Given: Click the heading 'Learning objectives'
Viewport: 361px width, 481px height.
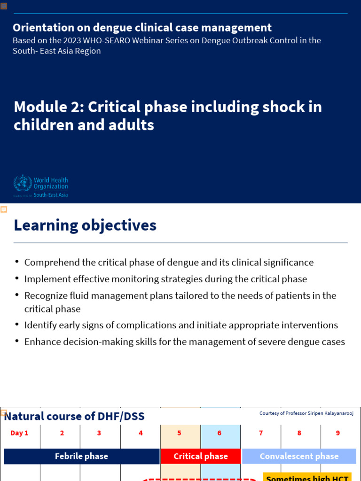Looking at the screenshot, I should click(x=85, y=225).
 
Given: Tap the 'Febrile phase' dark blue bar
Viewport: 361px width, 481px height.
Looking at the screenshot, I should click(x=81, y=456).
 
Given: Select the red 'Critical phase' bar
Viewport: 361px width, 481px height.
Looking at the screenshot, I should click(x=201, y=456).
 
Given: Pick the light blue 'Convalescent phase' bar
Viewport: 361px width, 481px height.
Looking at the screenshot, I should click(x=299, y=456).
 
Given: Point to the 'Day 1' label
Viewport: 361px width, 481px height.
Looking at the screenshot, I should click(x=19, y=433).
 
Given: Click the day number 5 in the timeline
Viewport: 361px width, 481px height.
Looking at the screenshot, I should click(x=179, y=433).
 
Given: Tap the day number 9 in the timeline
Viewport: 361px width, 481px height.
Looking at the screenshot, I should click(x=337, y=433).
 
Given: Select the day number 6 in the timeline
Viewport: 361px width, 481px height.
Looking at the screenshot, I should click(x=220, y=433).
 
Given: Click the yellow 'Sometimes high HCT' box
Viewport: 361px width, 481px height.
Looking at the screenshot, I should click(x=307, y=477).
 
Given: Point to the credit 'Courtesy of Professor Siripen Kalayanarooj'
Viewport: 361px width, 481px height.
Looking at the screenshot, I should click(x=306, y=413).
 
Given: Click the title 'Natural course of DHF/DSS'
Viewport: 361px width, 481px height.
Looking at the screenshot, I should click(x=74, y=416).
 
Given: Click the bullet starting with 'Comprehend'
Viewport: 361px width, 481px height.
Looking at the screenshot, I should click(x=169, y=263).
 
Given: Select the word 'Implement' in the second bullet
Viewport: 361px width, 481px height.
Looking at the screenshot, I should click(x=45, y=279).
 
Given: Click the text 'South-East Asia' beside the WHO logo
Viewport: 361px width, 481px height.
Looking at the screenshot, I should click(x=51, y=195).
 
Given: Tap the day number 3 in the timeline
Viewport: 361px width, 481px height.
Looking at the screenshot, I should click(x=99, y=433).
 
